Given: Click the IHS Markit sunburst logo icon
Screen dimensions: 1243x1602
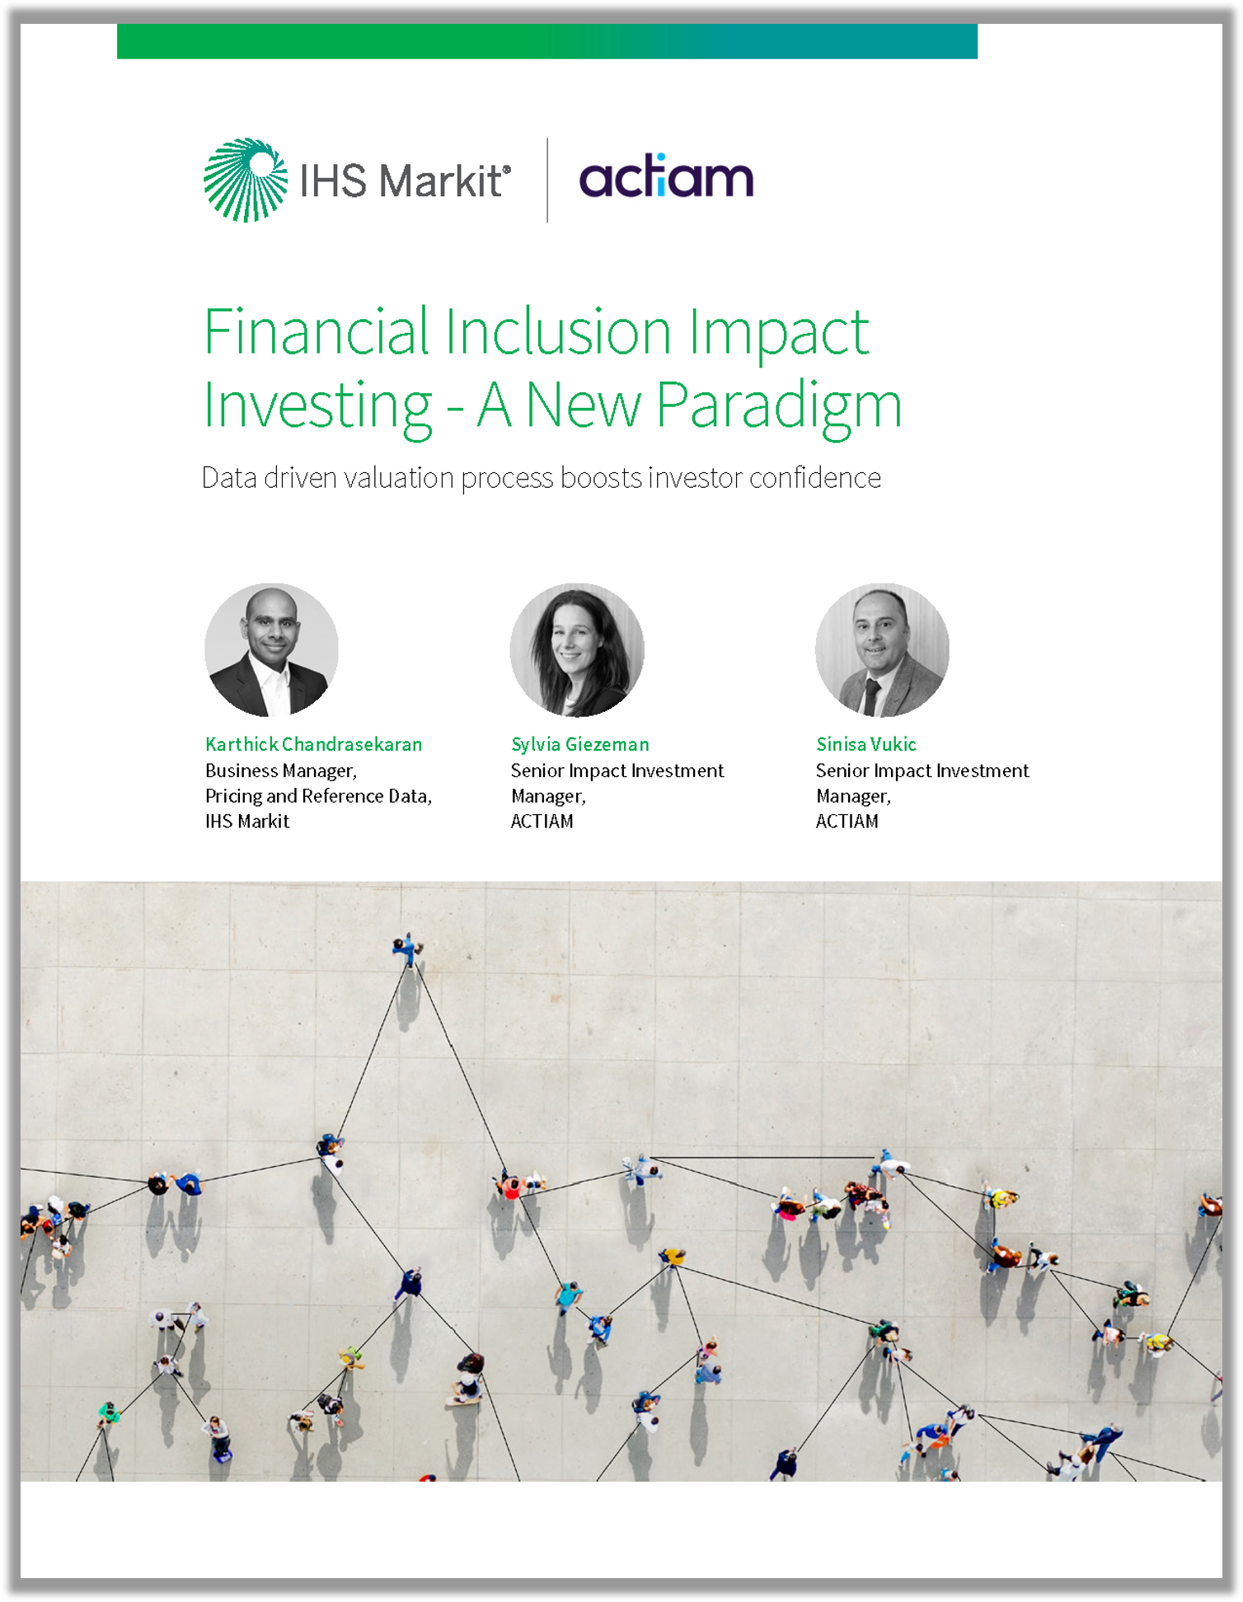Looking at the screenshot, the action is point(246,180).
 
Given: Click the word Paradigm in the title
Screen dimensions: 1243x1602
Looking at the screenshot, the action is point(779,405).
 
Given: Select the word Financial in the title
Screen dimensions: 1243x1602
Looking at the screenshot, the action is point(317,330).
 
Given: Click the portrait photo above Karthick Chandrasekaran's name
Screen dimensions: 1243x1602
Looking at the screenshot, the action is point(271,650).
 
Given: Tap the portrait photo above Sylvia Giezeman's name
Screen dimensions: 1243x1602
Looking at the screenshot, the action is point(577,650).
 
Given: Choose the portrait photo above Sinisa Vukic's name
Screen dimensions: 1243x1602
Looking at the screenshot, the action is point(882,650).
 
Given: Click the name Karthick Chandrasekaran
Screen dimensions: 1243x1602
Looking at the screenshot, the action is point(313,744).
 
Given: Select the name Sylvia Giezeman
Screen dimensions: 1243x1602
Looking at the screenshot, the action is point(579,745).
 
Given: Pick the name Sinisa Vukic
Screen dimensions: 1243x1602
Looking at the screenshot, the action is point(865,744).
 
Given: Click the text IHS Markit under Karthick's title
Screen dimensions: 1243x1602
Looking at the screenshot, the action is point(247,821).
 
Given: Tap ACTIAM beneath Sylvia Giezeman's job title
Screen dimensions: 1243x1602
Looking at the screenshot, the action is point(542,821).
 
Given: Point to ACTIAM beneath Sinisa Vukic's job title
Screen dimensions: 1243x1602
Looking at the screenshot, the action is point(847,821).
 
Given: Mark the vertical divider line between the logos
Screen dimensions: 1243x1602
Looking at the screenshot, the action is point(547,180).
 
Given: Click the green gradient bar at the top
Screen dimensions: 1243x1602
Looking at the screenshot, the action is point(547,41).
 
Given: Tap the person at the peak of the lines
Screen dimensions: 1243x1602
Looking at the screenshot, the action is point(406,948).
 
